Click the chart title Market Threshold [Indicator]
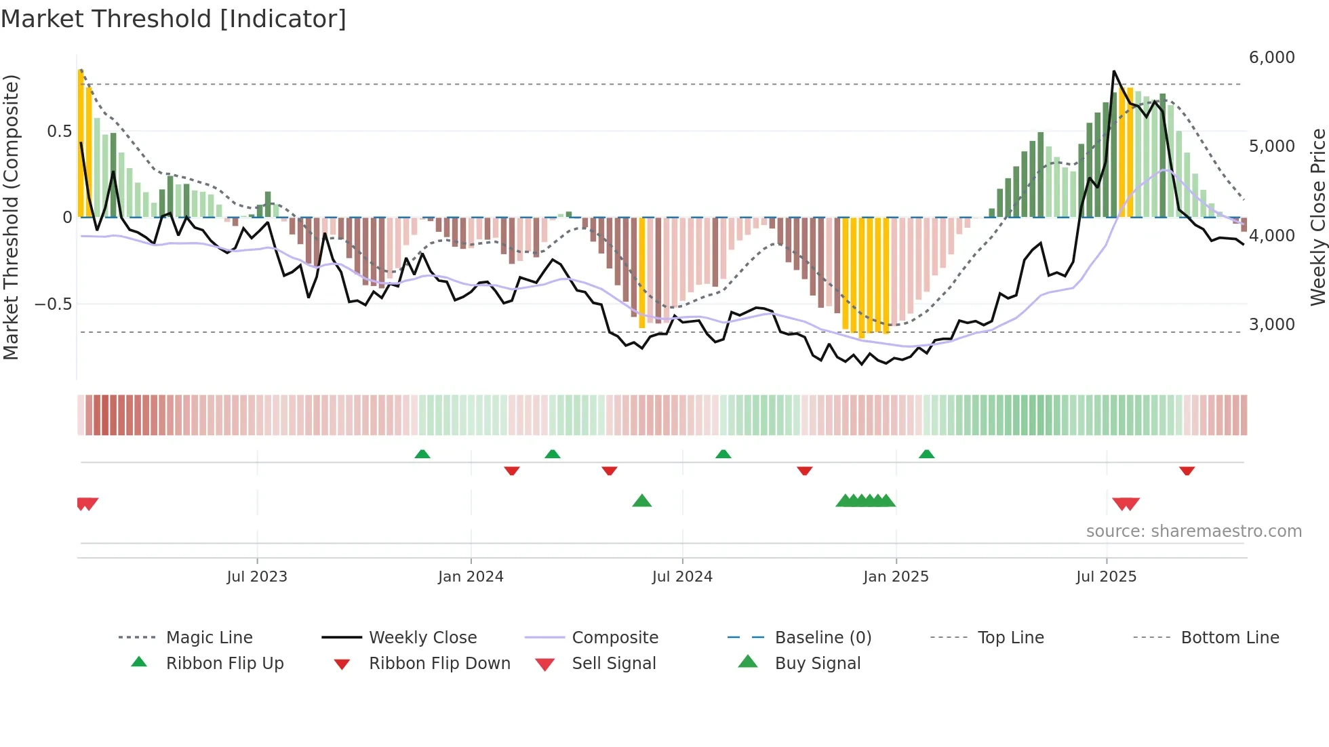[174, 19]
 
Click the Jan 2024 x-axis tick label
[471, 577]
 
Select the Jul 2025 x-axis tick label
[1106, 577]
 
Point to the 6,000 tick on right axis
[1271, 58]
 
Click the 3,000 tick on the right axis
[1271, 325]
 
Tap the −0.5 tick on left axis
[53, 304]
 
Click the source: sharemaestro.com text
[1193, 531]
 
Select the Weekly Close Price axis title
[1317, 217]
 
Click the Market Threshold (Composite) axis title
[11, 217]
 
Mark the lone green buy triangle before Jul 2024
[641, 501]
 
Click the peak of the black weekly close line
[1113, 71]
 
